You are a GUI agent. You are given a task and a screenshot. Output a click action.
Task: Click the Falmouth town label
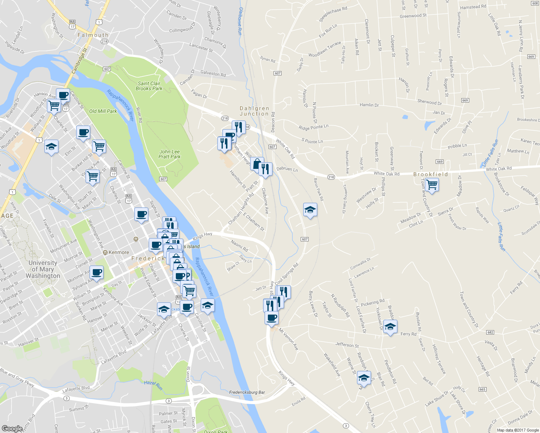coord(93,35)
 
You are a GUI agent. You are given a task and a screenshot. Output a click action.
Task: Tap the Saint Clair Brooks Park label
coord(149,86)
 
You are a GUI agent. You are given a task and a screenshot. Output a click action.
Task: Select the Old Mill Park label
coord(103,111)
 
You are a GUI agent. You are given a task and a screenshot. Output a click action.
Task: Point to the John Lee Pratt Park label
coord(170,154)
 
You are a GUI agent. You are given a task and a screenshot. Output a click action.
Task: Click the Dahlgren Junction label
coord(254,111)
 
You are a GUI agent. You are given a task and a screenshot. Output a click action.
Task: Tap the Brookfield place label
coord(431,174)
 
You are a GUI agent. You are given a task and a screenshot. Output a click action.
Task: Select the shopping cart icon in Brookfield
coord(432,185)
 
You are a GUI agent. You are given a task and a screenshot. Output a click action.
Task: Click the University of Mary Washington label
coord(43,269)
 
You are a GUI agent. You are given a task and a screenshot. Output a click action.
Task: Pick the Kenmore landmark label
coord(119,252)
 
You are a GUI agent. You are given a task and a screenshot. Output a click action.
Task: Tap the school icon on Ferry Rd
coord(390,327)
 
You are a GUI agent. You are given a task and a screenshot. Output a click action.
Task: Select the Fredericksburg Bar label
coord(247,392)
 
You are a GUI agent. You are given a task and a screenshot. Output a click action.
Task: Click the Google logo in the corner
coord(12,428)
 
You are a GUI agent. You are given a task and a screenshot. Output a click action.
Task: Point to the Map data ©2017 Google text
coord(518,430)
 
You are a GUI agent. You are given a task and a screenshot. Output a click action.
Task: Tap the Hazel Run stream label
coord(153,385)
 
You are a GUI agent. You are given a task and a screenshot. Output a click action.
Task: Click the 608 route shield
coord(535,3)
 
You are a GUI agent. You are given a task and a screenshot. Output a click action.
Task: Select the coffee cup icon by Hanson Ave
coord(63,95)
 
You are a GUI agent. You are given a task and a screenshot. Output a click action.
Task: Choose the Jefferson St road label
coord(347,345)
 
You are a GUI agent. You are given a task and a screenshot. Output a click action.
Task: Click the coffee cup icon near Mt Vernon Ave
coord(271,318)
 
